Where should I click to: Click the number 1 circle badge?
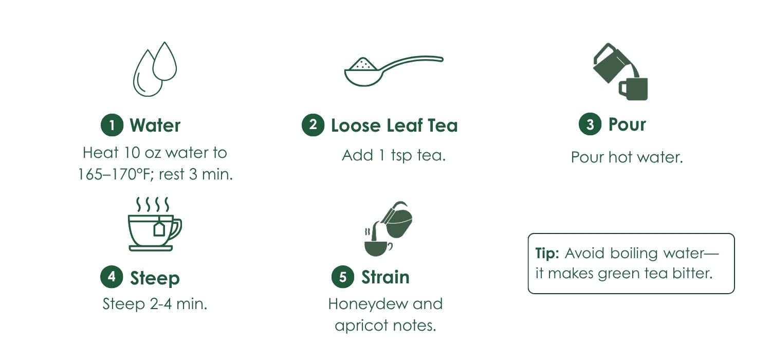[x=112, y=125]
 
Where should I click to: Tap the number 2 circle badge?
[x=313, y=124]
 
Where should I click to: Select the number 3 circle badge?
[x=590, y=124]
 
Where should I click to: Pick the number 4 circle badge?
[x=112, y=277]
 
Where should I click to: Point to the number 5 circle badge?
[x=343, y=277]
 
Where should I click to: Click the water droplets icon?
[x=155, y=69]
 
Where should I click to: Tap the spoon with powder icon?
[x=394, y=70]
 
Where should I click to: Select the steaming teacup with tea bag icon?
[x=155, y=224]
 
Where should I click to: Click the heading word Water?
[x=155, y=125]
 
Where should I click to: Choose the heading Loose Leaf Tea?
[x=394, y=125]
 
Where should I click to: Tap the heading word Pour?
[x=627, y=124]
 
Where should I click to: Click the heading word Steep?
[x=155, y=278]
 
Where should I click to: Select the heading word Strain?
[x=385, y=277]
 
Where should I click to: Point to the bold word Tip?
[x=547, y=253]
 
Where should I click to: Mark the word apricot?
[x=361, y=326]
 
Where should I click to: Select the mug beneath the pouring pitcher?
[x=633, y=89]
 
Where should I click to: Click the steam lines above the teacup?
[x=153, y=204]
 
